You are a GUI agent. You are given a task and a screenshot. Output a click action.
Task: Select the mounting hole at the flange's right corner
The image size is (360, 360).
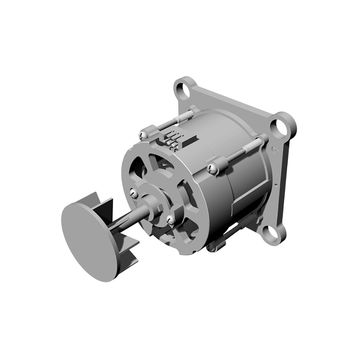pyautogui.click(x=283, y=125)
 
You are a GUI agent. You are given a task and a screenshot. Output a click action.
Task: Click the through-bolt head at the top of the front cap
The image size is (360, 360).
pyautogui.click(x=144, y=133)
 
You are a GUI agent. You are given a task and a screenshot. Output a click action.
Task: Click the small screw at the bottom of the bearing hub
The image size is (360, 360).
pyautogui.click(x=170, y=217)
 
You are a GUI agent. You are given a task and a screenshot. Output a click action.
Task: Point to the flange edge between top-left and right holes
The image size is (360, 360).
pyautogui.click(x=235, y=100)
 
